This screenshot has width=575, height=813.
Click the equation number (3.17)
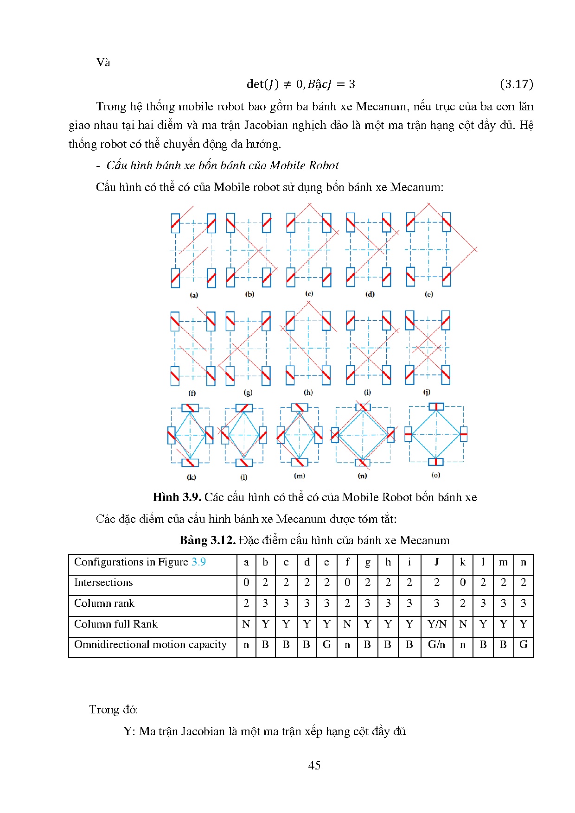click(517, 84)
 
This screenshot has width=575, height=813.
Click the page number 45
click(314, 765)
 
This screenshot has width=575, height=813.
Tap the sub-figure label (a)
click(194, 295)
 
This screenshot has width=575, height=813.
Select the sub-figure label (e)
click(429, 294)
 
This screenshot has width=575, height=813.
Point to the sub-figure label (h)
click(308, 392)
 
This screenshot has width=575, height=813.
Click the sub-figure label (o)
click(436, 475)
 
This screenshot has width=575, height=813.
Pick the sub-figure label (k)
click(191, 477)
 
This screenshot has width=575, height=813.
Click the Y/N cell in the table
click(436, 624)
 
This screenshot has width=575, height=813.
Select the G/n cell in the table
click(436, 644)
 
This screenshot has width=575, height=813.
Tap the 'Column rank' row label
click(104, 603)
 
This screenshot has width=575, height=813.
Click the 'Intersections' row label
click(103, 583)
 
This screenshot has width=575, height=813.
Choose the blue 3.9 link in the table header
click(198, 562)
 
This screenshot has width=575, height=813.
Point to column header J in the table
click(436, 562)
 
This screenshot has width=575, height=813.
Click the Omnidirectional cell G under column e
click(327, 644)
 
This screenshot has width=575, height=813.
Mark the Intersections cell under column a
click(246, 583)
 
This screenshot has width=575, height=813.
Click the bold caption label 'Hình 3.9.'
click(177, 497)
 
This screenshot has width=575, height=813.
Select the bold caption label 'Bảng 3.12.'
click(207, 540)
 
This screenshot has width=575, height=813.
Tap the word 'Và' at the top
click(103, 63)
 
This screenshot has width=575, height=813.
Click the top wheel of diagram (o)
click(436, 406)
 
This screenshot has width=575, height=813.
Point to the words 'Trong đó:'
click(113, 710)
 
